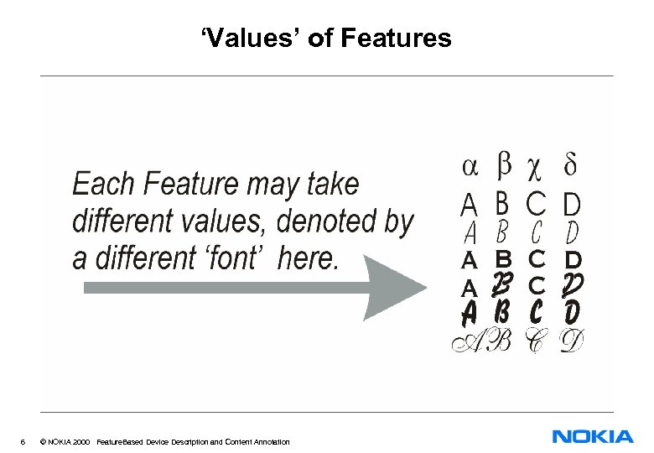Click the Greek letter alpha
[471, 167]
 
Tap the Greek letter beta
[504, 164]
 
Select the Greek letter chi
[533, 169]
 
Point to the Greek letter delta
[570, 164]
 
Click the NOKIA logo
[593, 436]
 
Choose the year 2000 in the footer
[81, 441]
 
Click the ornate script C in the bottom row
[534, 341]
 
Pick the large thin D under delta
[572, 203]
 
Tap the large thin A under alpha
[470, 203]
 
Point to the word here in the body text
[308, 258]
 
